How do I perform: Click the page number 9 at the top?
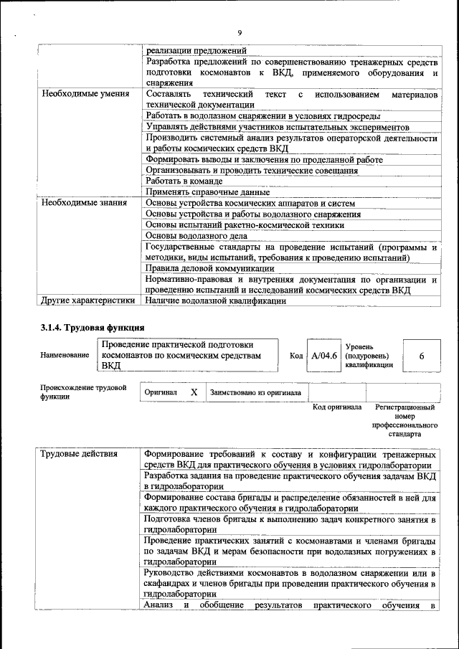(240, 32)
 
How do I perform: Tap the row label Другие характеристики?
(87, 301)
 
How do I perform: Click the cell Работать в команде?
(184, 181)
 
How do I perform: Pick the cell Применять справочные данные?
(207, 192)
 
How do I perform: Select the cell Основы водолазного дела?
(196, 235)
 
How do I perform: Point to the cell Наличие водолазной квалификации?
(215, 301)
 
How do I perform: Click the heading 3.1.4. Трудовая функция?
(93, 328)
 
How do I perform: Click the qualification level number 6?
(421, 356)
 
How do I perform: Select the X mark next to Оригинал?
(193, 393)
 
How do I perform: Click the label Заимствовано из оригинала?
(255, 393)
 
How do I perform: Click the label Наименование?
(65, 356)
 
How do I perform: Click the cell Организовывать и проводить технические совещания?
(252, 171)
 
